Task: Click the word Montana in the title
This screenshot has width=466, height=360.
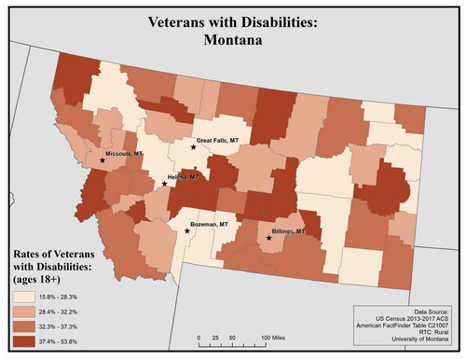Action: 233,41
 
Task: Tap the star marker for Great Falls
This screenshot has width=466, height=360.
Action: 194,147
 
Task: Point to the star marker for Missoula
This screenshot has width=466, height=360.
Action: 102,160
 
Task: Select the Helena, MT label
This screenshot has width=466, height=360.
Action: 184,175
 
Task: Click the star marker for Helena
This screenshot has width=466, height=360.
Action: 165,184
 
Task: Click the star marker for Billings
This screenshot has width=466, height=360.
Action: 269,239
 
